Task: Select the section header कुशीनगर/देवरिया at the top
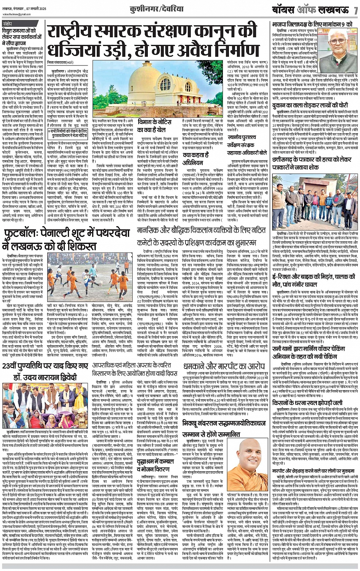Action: pos(180,8)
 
